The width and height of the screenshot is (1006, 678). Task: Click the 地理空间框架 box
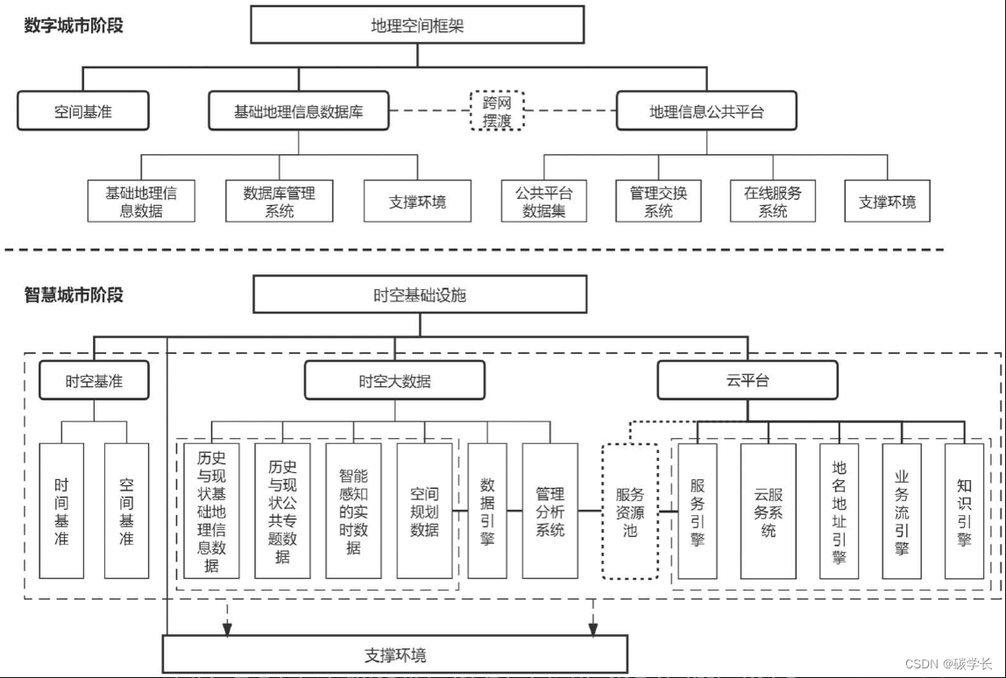[x=417, y=25]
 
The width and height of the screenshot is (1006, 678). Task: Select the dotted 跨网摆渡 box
[x=497, y=111]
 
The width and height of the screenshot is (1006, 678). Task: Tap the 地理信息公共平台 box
[x=706, y=112]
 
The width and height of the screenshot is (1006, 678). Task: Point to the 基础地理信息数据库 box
[x=298, y=112]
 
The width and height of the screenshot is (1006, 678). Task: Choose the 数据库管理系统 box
[x=280, y=201]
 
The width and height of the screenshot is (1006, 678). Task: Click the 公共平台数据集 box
[x=543, y=201]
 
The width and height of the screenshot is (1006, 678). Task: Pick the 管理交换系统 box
[x=658, y=201]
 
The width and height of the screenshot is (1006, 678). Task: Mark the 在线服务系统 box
[x=773, y=201]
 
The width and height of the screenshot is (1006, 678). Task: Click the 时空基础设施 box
[x=420, y=295]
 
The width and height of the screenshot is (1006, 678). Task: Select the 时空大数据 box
[x=394, y=381]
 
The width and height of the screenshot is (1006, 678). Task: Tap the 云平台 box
[x=747, y=381]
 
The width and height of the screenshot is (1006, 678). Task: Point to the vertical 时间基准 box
[x=61, y=511]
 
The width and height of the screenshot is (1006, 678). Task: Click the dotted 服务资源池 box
[x=630, y=512]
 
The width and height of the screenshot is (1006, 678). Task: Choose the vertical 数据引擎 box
[x=487, y=511]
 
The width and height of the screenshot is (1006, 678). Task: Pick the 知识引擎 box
[x=964, y=511]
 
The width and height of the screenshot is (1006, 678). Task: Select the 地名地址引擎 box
[x=840, y=511]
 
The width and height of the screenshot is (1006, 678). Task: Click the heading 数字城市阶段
[x=74, y=25]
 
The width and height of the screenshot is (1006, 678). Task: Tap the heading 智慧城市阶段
[x=74, y=295]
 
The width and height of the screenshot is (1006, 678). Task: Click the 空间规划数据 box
[x=424, y=511]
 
